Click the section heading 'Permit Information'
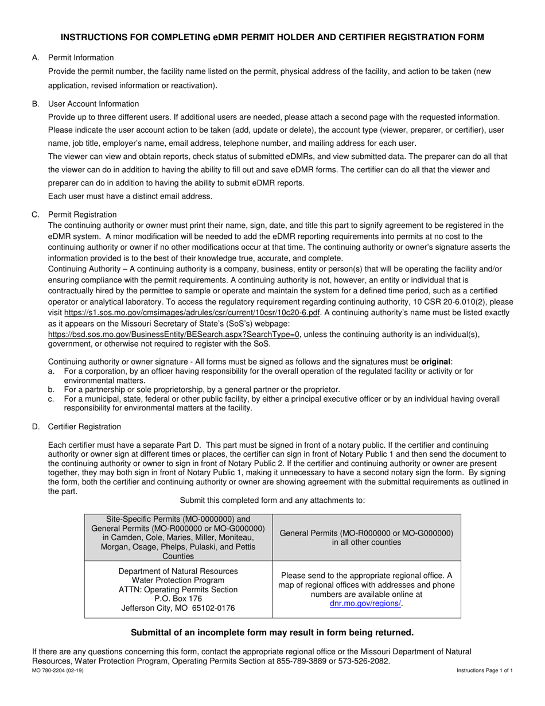click(81, 57)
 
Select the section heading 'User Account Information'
click(93, 104)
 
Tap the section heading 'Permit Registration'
click(82, 215)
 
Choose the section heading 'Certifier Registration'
click(84, 426)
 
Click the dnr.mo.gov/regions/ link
click(366, 603)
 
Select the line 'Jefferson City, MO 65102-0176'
click(178, 608)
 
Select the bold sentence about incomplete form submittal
click(272, 633)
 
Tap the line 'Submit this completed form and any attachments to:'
click(272, 500)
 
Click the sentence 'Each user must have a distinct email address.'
click(130, 196)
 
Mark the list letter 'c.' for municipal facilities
click(52, 399)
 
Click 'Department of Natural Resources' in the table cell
click(178, 571)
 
